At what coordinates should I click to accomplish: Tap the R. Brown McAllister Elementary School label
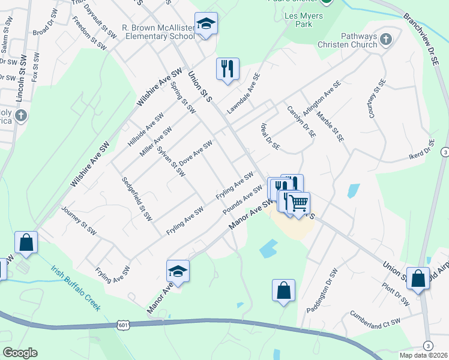[158, 32]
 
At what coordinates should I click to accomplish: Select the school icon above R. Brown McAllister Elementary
[206, 24]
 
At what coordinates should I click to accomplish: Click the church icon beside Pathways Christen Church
[386, 40]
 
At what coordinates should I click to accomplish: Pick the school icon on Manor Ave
[178, 271]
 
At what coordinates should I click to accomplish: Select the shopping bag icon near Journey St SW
[26, 242]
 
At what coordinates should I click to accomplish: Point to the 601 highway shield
[122, 324]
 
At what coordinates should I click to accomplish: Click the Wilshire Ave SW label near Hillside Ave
[159, 87]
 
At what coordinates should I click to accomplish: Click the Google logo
[20, 353]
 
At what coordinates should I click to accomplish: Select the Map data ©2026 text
[423, 355]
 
